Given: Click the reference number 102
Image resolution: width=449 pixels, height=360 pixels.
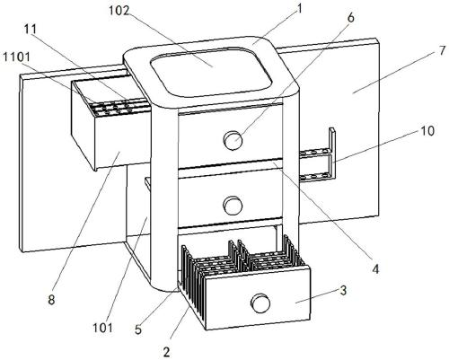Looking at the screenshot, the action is point(119,11).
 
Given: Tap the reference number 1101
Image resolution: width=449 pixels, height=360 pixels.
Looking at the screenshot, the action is point(17,57).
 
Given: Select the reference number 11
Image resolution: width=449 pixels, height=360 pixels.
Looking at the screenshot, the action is point(30,30).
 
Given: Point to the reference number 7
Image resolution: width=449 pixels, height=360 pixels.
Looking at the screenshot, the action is point(442,51).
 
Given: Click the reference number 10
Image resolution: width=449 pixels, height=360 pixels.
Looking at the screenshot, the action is point(427,131).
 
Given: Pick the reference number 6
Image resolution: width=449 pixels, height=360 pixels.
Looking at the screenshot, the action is point(350,18).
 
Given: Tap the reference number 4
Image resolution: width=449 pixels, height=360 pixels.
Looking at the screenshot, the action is point(375,269).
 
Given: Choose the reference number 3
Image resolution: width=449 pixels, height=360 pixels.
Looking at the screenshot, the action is point(343,290).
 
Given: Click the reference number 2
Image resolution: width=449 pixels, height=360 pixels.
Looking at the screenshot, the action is point(167,352).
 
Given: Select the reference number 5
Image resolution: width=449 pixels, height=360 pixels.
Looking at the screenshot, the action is point(138,329).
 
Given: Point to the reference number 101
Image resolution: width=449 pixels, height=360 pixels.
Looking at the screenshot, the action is point(102,328).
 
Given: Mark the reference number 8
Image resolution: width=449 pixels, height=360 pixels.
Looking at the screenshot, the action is point(51,300).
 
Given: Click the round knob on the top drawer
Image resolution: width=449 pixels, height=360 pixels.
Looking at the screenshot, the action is point(233,140).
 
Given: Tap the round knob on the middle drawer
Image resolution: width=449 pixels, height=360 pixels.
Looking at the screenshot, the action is point(233,206).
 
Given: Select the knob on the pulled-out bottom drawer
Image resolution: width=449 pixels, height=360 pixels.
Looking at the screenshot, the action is point(260,303).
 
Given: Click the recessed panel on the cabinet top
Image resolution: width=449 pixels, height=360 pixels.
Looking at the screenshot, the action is point(212,72).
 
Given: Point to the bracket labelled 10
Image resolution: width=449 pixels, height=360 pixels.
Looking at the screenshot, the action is point(331,155).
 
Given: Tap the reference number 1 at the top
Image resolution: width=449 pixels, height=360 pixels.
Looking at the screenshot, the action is point(299,9).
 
